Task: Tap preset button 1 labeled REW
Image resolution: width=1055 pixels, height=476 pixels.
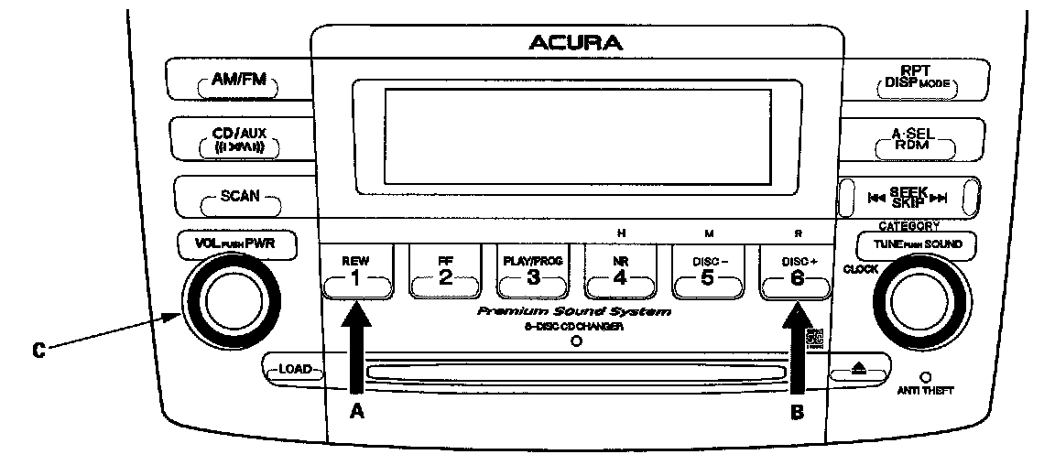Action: pos(356,272)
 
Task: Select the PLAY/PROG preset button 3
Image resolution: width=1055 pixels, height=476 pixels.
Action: pos(533,272)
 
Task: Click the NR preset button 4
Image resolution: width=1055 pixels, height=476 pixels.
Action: pos(620,272)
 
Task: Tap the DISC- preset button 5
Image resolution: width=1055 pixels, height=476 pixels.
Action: pos(707,272)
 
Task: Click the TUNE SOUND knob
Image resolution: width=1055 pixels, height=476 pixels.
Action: pos(916,299)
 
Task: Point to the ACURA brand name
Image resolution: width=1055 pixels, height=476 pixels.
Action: pos(575,42)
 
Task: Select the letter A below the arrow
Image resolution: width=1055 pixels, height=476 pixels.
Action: pos(357,412)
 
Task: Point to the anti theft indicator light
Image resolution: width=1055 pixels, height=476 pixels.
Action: pos(925,376)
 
